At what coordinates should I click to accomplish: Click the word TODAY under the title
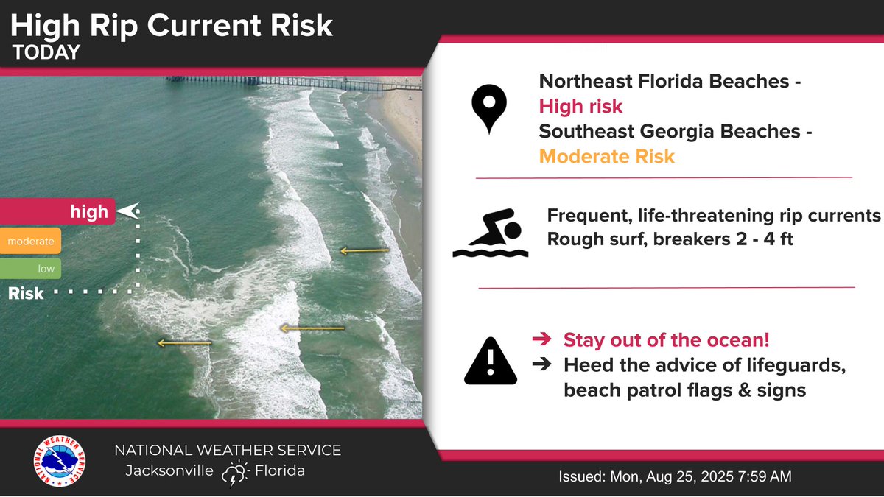point(46,52)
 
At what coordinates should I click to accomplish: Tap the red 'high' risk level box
point(57,212)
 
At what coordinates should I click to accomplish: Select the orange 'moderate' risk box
point(30,241)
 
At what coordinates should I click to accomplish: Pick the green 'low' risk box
point(30,269)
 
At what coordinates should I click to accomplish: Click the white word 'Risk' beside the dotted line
point(26,294)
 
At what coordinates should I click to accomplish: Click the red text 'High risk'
point(580,107)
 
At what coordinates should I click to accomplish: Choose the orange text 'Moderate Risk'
point(606,156)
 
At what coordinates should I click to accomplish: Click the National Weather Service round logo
point(60,461)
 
